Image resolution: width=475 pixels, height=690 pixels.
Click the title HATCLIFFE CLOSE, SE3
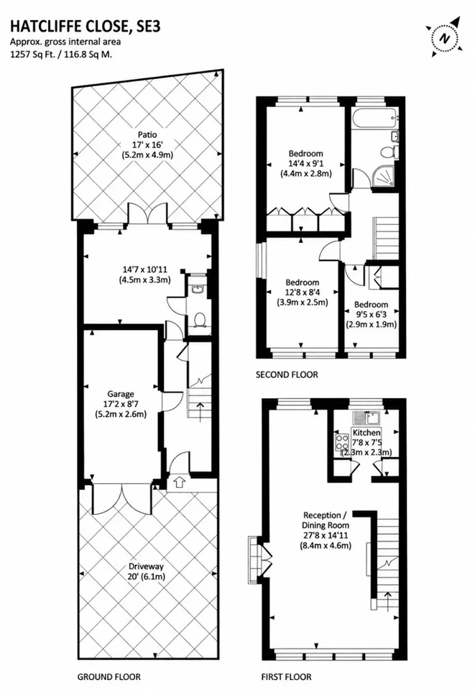pyautogui.click(x=86, y=27)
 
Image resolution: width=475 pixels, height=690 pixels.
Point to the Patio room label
pyautogui.click(x=147, y=134)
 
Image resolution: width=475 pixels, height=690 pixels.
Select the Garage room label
pyautogui.click(x=121, y=394)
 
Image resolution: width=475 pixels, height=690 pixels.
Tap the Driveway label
pyautogui.click(x=146, y=566)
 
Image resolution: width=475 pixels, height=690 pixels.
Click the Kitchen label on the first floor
pyautogui.click(x=366, y=433)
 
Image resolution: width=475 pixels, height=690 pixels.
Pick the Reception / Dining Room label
pyautogui.click(x=326, y=520)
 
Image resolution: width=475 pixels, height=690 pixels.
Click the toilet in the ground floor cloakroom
pyautogui.click(x=199, y=319)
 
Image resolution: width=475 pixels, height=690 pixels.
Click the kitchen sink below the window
pyautogui.click(x=366, y=416)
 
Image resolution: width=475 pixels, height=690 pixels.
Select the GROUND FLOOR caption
pyautogui.click(x=109, y=676)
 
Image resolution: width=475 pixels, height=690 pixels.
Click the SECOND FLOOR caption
pyautogui.click(x=287, y=374)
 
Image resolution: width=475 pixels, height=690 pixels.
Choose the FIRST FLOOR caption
pyautogui.click(x=286, y=676)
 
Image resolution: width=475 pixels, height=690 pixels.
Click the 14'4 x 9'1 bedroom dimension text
pyautogui.click(x=305, y=163)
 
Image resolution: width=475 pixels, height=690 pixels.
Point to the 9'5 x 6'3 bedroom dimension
pyautogui.click(x=372, y=314)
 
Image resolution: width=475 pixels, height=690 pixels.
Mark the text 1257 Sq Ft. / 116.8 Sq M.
pyautogui.click(x=61, y=55)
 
